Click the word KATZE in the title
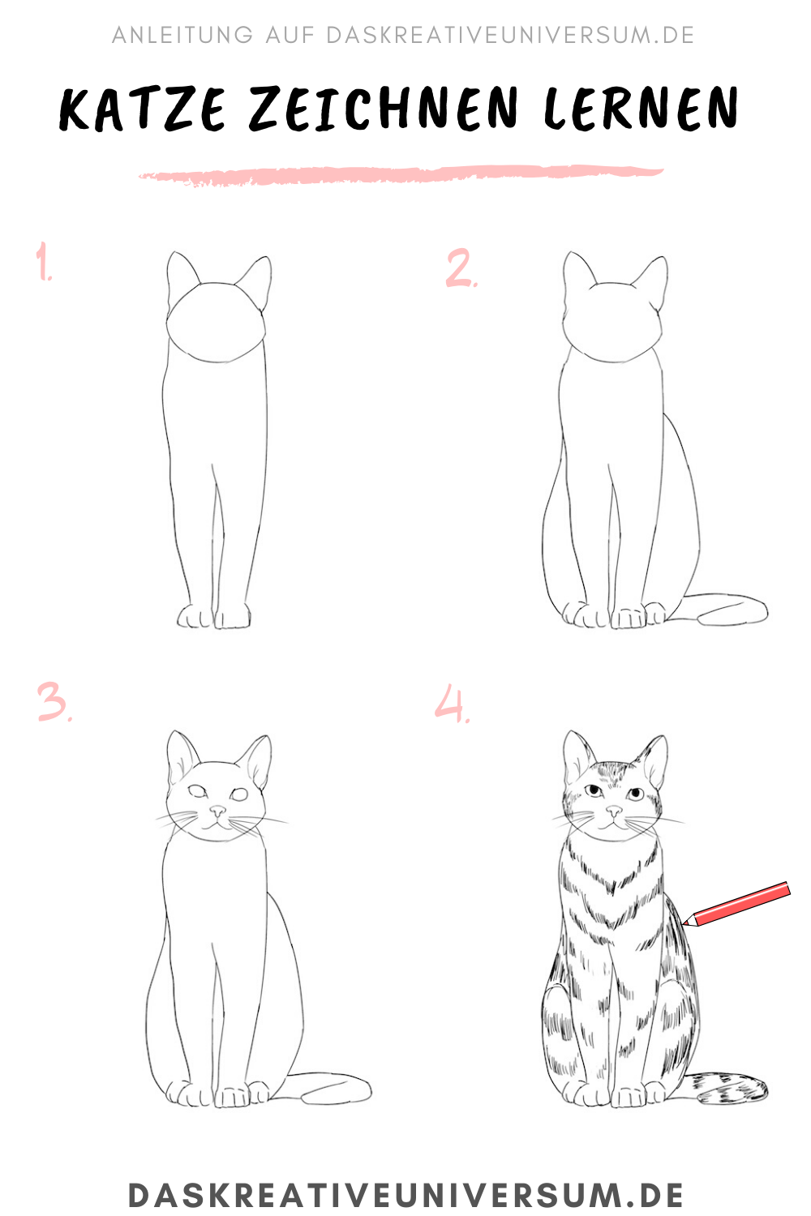click(x=142, y=109)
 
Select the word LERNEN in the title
click(x=641, y=109)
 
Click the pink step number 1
click(x=44, y=261)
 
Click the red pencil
click(x=736, y=905)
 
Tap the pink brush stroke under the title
click(x=401, y=175)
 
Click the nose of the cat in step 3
click(x=218, y=811)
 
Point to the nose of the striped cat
click(x=614, y=811)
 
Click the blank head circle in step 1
click(x=216, y=322)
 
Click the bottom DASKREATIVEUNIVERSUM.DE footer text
click(x=405, y=1194)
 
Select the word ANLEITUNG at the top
click(x=182, y=36)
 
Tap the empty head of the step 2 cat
click(x=612, y=322)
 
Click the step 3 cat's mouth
click(x=217, y=824)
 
